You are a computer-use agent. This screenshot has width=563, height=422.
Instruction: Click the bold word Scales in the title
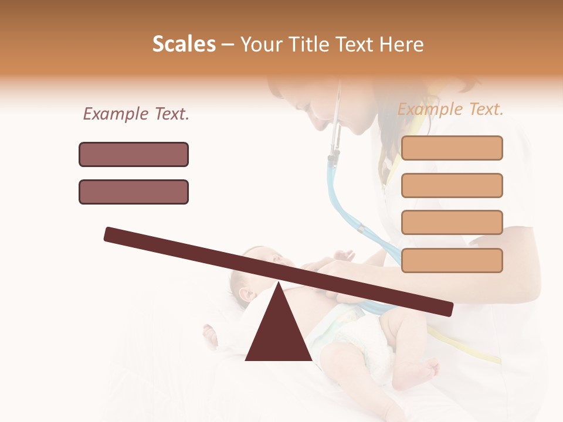click(x=184, y=45)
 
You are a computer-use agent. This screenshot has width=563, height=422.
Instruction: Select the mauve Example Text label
click(x=136, y=114)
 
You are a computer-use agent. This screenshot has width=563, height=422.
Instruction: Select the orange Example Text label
click(x=450, y=109)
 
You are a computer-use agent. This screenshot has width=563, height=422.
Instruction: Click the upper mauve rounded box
click(x=134, y=154)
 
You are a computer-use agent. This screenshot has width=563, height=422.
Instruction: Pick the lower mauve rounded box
click(x=134, y=192)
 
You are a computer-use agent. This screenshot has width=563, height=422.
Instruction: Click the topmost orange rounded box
click(x=452, y=148)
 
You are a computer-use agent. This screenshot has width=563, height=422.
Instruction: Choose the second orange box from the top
click(x=452, y=185)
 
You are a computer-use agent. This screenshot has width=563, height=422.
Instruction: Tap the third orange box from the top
click(x=452, y=222)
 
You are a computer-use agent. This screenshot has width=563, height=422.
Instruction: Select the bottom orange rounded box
click(x=452, y=260)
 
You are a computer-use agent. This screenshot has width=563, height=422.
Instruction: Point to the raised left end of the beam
click(x=111, y=234)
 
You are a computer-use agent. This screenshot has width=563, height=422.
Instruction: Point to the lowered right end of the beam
click(x=446, y=308)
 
